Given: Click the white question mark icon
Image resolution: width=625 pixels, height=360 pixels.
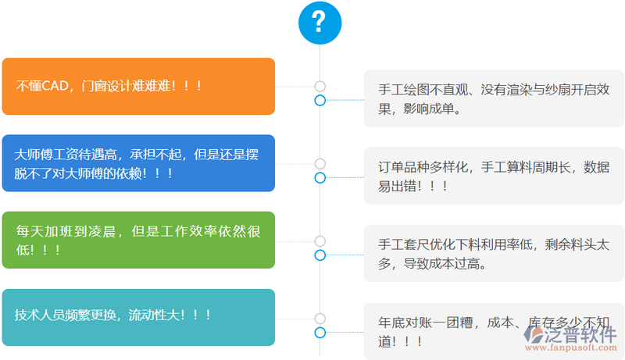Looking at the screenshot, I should (320, 22).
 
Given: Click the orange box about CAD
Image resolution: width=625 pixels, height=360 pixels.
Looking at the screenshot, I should (138, 87).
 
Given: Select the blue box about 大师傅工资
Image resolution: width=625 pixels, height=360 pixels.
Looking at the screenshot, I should (138, 163).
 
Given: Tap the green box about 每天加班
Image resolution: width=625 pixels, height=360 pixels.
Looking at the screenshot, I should (138, 240).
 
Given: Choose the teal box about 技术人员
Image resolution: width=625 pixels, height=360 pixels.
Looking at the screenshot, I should (138, 316).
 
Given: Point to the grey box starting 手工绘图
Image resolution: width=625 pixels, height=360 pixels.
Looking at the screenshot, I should (494, 98).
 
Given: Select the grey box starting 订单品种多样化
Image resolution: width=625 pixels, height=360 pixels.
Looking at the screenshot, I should (494, 176).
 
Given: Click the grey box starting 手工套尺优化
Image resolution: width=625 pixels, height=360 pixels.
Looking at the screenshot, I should (494, 253).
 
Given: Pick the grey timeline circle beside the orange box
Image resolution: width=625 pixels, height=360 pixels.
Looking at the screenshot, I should (320, 86).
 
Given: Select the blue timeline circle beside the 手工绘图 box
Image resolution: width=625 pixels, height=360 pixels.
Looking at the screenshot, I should (320, 100).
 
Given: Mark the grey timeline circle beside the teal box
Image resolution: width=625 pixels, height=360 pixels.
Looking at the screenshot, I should (320, 318).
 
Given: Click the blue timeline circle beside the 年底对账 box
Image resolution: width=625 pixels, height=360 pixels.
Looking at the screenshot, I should (320, 333).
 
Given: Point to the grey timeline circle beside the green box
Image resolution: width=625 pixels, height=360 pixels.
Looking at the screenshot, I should (320, 241).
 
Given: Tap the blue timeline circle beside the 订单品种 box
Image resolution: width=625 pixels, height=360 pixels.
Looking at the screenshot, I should (320, 177).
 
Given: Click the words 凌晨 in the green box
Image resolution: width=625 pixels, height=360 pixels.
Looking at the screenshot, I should (103, 231).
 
